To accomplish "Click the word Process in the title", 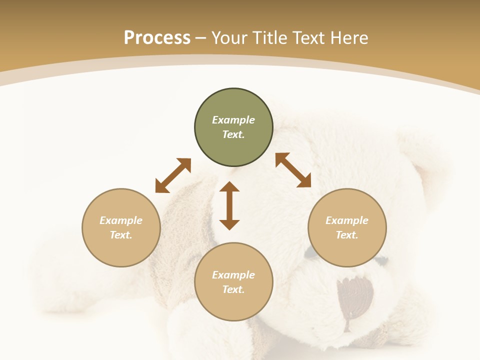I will point(157,38).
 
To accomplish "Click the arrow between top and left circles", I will point(173,175).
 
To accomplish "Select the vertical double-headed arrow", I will point(229,205).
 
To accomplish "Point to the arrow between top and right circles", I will point(293,170).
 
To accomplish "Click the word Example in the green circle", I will point(233,120).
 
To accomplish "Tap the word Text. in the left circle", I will point(121,235).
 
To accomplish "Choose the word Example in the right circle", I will point(347,220).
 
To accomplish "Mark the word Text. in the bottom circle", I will point(233,289).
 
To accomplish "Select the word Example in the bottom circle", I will point(233,275).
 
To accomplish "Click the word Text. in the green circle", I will point(233,134).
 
